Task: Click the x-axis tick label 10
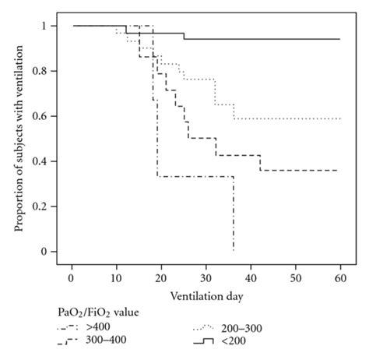click(116, 278)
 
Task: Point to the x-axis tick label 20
click(161, 278)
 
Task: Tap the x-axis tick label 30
click(206, 278)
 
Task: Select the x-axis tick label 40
click(251, 278)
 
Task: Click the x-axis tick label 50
click(296, 278)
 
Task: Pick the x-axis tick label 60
click(340, 278)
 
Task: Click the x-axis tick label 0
click(72, 278)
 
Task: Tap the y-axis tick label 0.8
click(40, 71)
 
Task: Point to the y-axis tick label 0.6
click(40, 116)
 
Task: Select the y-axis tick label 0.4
click(40, 161)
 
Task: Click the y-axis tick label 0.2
click(40, 206)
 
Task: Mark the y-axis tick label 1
click(44, 26)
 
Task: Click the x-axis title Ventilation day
click(206, 297)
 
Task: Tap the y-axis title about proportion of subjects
click(19, 139)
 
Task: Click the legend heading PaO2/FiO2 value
click(98, 312)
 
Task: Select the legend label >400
click(98, 326)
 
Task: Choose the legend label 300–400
click(106, 340)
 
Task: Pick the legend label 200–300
click(241, 329)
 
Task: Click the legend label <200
click(234, 341)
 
